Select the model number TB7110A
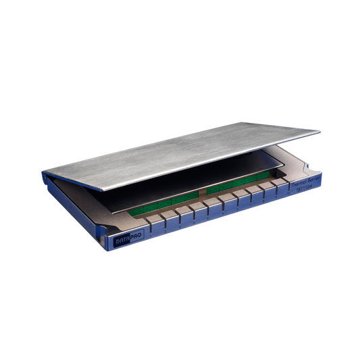[x=307, y=190]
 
